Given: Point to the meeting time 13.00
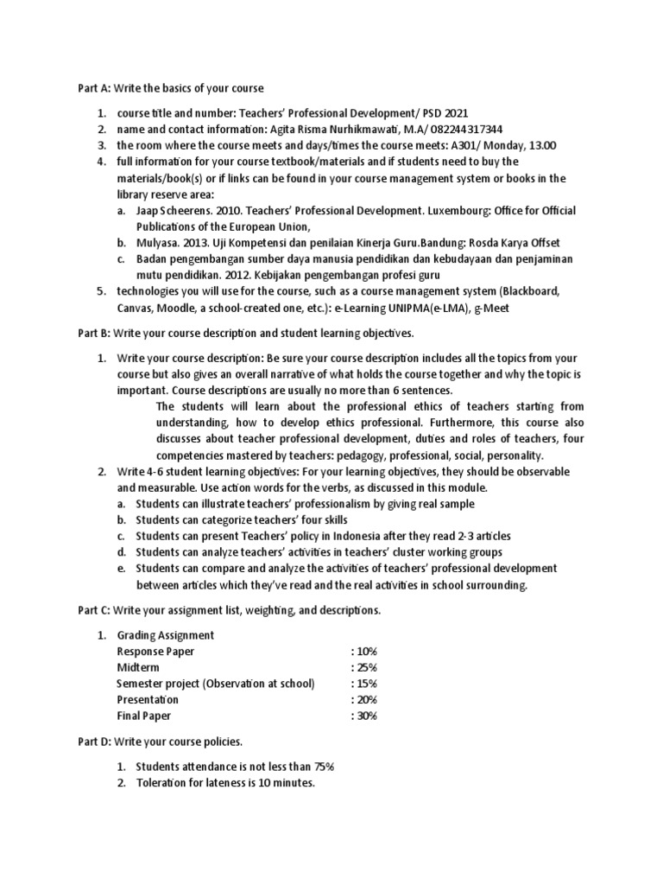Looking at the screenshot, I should [541, 145].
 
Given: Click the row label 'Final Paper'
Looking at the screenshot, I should [144, 716].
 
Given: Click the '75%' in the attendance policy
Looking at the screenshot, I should [319, 767].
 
